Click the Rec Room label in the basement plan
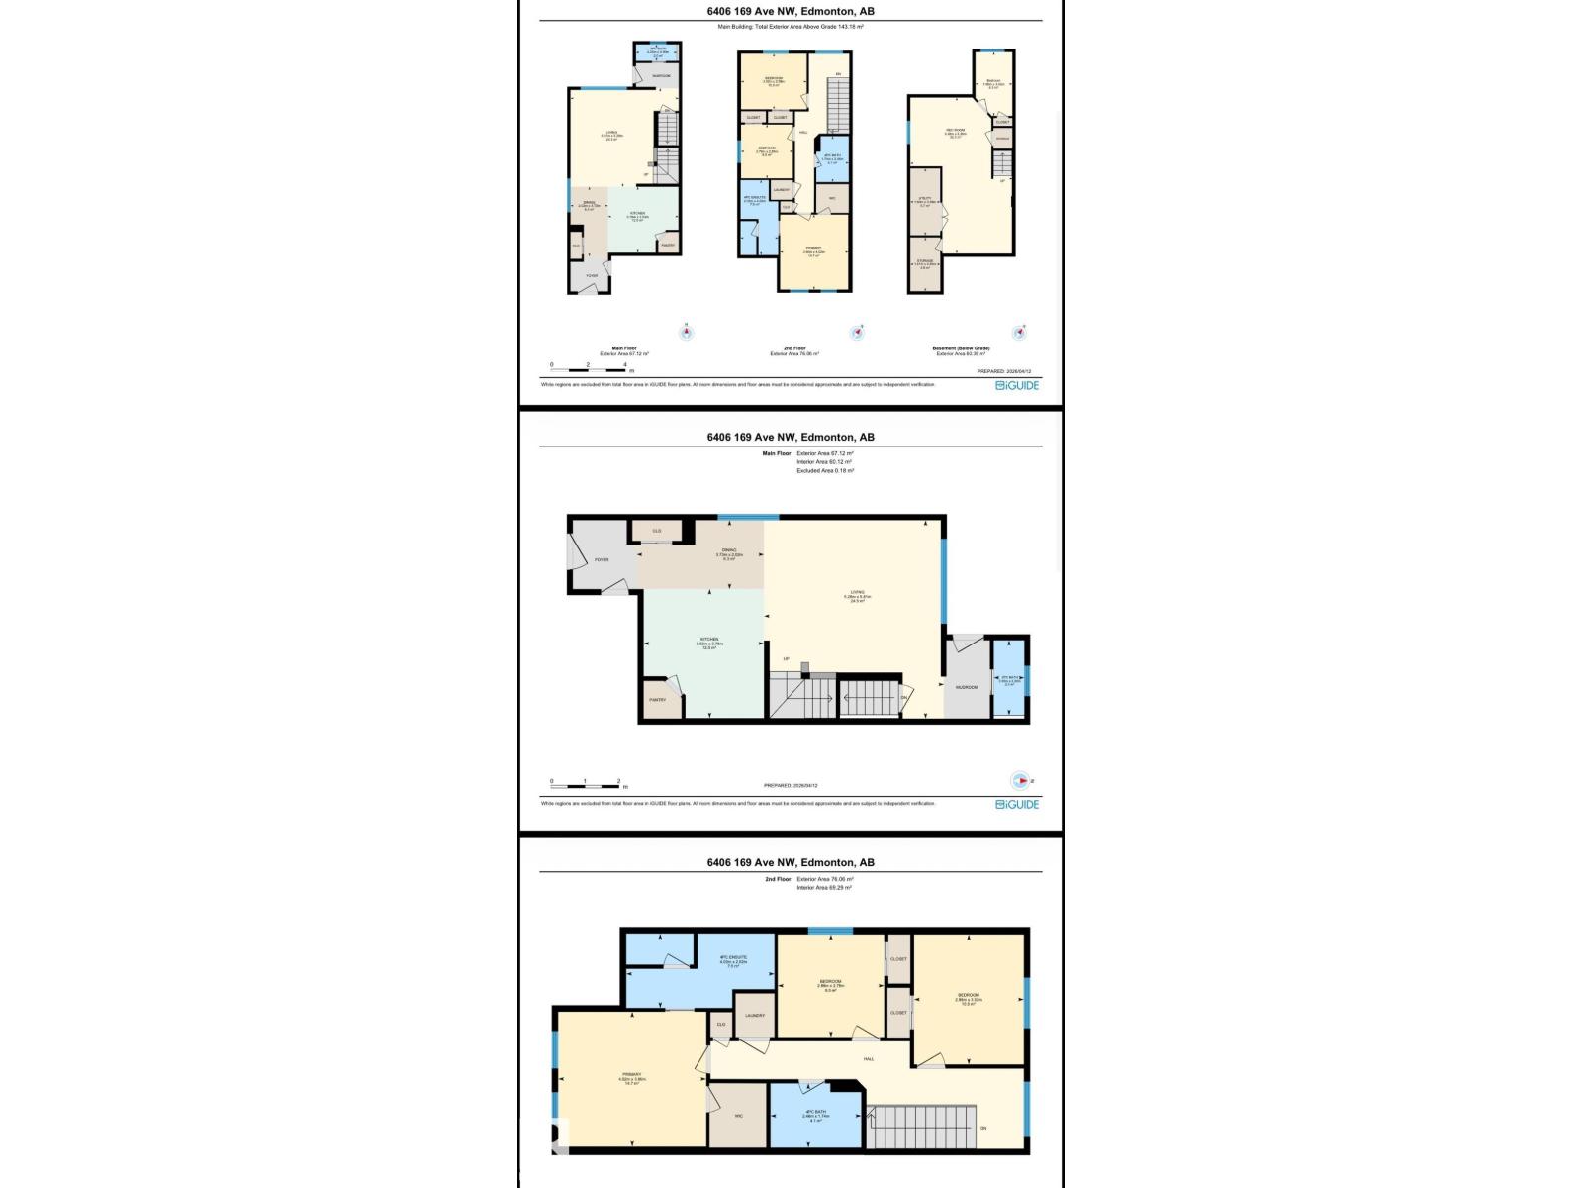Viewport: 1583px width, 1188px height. point(955,133)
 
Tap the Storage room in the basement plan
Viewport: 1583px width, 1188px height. point(924,262)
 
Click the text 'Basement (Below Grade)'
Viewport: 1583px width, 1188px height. point(962,348)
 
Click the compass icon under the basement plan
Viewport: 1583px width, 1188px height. point(1016,333)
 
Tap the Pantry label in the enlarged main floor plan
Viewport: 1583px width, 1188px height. point(657,700)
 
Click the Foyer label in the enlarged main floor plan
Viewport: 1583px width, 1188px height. point(602,560)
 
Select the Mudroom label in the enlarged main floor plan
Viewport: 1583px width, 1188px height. point(967,687)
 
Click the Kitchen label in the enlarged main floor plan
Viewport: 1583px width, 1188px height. point(708,642)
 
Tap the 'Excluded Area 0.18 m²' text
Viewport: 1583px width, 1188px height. point(825,471)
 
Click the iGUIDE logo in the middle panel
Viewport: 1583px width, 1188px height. point(1017,805)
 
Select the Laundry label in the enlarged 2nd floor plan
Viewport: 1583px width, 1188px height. point(755,1016)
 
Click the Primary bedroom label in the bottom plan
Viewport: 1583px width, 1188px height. point(632,1077)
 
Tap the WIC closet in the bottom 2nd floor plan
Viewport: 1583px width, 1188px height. point(738,1116)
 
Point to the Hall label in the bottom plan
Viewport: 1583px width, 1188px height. point(869,1059)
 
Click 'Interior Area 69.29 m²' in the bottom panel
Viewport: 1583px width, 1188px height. point(824,888)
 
